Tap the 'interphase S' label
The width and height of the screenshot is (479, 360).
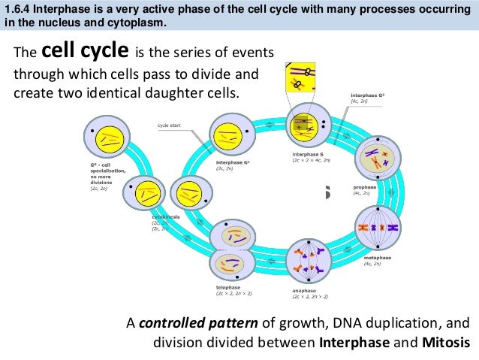(x=308, y=154)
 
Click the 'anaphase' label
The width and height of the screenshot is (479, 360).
(x=305, y=289)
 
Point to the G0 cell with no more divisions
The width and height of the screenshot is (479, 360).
(x=107, y=138)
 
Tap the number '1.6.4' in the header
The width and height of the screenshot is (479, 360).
(x=20, y=8)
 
